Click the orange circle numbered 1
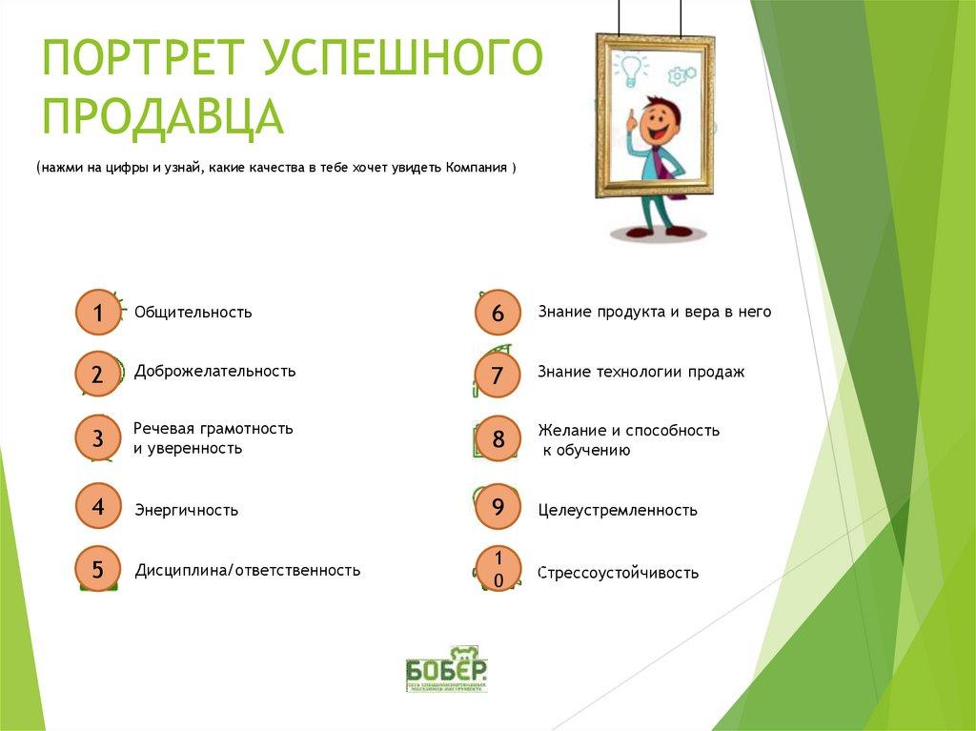pyautogui.click(x=98, y=313)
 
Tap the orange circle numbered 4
pyautogui.click(x=98, y=507)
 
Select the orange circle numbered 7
pyautogui.click(x=497, y=376)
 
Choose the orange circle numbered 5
pyautogui.click(x=98, y=570)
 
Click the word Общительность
pyautogui.click(x=193, y=313)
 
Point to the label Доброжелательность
pyautogui.click(x=214, y=372)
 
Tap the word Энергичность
pyautogui.click(x=186, y=510)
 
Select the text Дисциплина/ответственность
pyautogui.click(x=247, y=571)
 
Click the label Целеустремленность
pyautogui.click(x=617, y=511)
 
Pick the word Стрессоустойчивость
pyautogui.click(x=618, y=573)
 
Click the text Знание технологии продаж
pyautogui.click(x=640, y=373)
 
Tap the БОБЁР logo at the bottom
pyautogui.click(x=446, y=668)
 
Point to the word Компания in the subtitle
pyautogui.click(x=475, y=168)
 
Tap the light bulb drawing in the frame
pyautogui.click(x=630, y=67)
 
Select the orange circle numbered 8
pyautogui.click(x=497, y=439)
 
